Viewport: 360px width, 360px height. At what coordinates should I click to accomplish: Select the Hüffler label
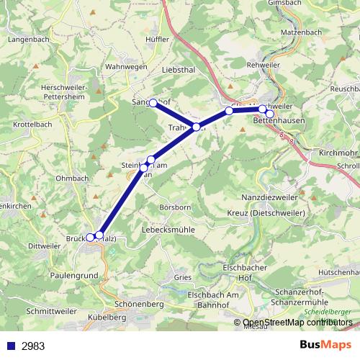(156, 39)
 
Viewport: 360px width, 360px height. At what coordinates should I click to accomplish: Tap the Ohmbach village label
(71, 178)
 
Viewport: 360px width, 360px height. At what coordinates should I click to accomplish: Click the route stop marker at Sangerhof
(153, 104)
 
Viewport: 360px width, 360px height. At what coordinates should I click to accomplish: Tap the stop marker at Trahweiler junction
(197, 127)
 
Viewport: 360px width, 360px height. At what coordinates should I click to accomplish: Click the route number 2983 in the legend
(33, 346)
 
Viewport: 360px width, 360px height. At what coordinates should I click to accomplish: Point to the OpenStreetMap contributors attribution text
(294, 323)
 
